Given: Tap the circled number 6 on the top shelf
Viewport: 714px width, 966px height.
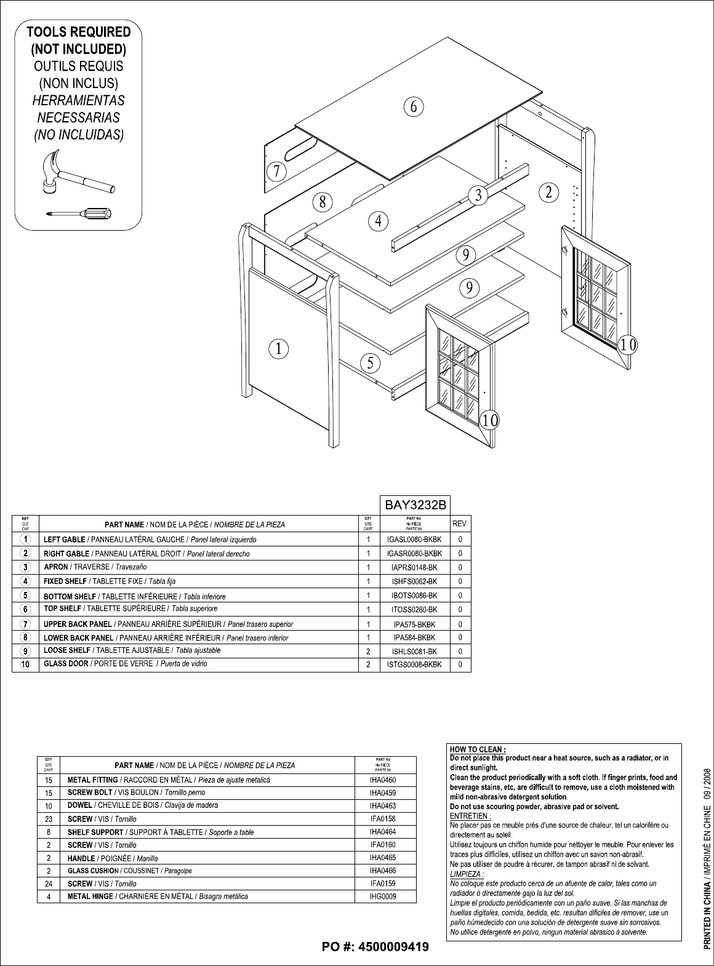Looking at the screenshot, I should [414, 106].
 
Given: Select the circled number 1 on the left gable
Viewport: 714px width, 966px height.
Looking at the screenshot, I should [279, 349].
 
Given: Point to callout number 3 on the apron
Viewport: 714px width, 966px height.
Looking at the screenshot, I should [478, 196].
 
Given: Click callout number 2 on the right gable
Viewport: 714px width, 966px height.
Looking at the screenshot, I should [548, 191].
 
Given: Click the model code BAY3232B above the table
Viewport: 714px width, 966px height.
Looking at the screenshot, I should [414, 505].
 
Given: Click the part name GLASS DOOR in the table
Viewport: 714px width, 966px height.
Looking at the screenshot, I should [66, 664].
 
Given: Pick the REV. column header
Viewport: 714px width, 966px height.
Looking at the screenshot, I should [460, 524].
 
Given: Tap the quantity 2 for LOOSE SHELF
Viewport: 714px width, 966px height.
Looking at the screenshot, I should [368, 651].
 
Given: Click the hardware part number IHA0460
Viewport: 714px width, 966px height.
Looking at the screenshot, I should [383, 780].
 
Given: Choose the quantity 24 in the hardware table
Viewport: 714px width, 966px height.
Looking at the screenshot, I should [48, 884].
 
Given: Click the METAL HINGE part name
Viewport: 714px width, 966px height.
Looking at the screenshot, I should [90, 896].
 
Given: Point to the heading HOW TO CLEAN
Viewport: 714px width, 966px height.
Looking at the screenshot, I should [478, 749].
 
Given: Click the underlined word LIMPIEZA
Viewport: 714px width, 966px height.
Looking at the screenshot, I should [467, 874].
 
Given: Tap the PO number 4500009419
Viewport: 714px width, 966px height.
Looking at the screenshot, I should [375, 946].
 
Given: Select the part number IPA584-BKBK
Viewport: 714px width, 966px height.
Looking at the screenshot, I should [415, 638].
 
